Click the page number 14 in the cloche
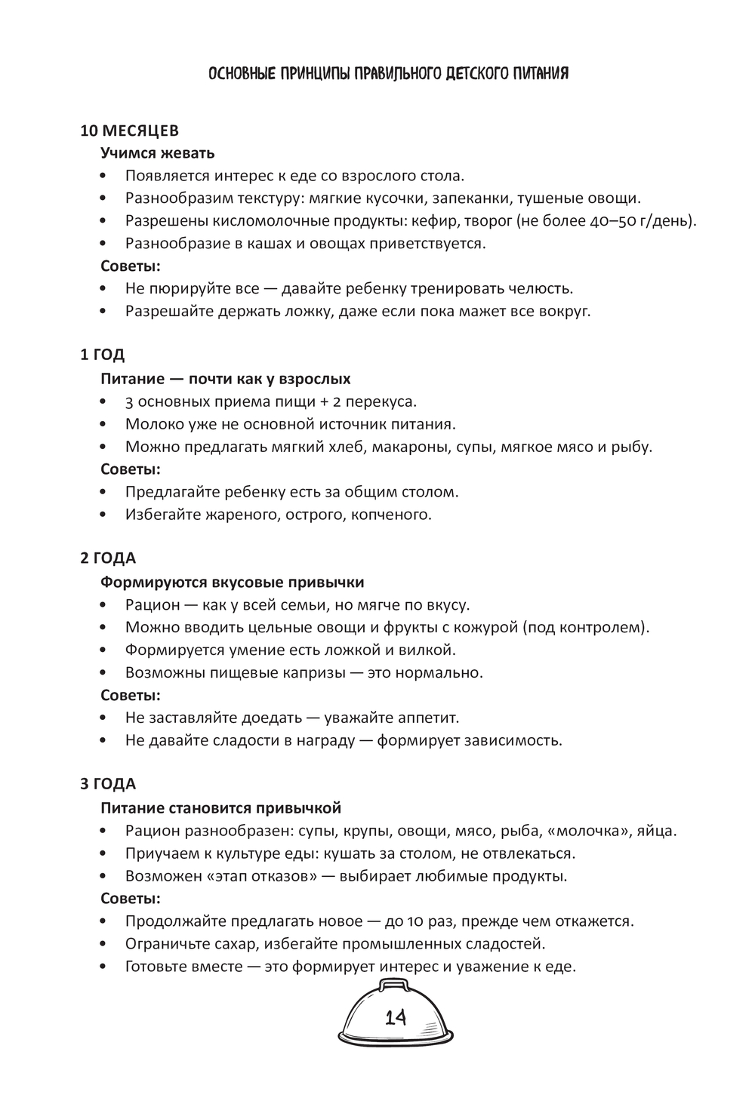[396, 1017]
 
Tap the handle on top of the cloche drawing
[394, 984]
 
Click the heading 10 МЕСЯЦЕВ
[130, 131]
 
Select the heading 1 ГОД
[103, 355]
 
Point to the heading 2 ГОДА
[108, 558]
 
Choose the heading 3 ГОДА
[108, 784]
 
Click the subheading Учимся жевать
[158, 153]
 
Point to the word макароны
[411, 446]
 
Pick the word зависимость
[513, 740]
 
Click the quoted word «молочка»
[595, 831]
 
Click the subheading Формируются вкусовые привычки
[233, 583]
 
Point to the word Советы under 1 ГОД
[131, 469]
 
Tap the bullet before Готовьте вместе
[103, 967]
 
